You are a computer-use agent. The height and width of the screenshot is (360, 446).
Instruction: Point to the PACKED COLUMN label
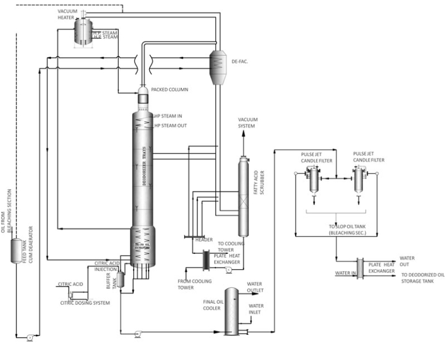[169, 90]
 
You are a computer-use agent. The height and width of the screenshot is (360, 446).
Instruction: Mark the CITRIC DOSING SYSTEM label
[85, 303]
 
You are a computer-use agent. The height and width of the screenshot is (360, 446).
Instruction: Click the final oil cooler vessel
[231, 310]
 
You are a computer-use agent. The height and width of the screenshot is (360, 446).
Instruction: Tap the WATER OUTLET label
[255, 287]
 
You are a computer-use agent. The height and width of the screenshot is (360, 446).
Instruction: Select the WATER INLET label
[255, 309]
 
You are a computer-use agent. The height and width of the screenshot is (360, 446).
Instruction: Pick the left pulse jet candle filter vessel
[313, 180]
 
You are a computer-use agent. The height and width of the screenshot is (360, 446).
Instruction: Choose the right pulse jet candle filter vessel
[359, 180]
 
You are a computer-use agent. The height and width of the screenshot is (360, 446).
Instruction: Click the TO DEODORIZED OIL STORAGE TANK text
[422, 278]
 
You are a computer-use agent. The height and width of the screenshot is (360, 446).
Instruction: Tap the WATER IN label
[344, 273]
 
